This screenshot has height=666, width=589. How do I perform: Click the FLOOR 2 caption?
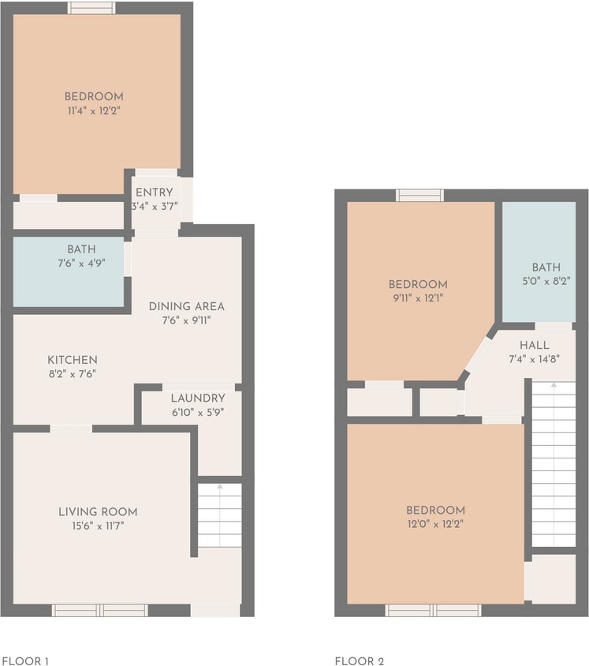point(359,661)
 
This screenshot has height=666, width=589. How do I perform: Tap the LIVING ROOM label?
point(98,511)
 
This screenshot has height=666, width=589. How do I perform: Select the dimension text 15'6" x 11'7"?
point(98,525)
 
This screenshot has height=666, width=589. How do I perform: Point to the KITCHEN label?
point(72,360)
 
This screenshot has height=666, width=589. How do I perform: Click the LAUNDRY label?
point(198,398)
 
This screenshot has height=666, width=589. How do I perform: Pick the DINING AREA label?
point(187,306)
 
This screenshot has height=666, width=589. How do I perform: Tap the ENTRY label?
point(155,193)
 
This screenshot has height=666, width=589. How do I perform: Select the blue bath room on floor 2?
point(539,260)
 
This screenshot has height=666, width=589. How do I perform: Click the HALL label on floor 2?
point(534,346)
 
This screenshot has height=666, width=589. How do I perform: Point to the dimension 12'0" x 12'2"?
point(436,523)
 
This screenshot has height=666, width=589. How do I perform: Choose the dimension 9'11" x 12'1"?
point(418,297)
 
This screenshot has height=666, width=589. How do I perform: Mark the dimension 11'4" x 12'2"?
point(94,110)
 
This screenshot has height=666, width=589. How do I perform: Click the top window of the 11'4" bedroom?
point(91,8)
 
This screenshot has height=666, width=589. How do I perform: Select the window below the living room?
point(99,610)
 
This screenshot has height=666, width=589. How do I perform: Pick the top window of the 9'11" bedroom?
point(419,195)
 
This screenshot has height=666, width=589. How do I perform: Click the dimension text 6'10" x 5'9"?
point(198,412)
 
